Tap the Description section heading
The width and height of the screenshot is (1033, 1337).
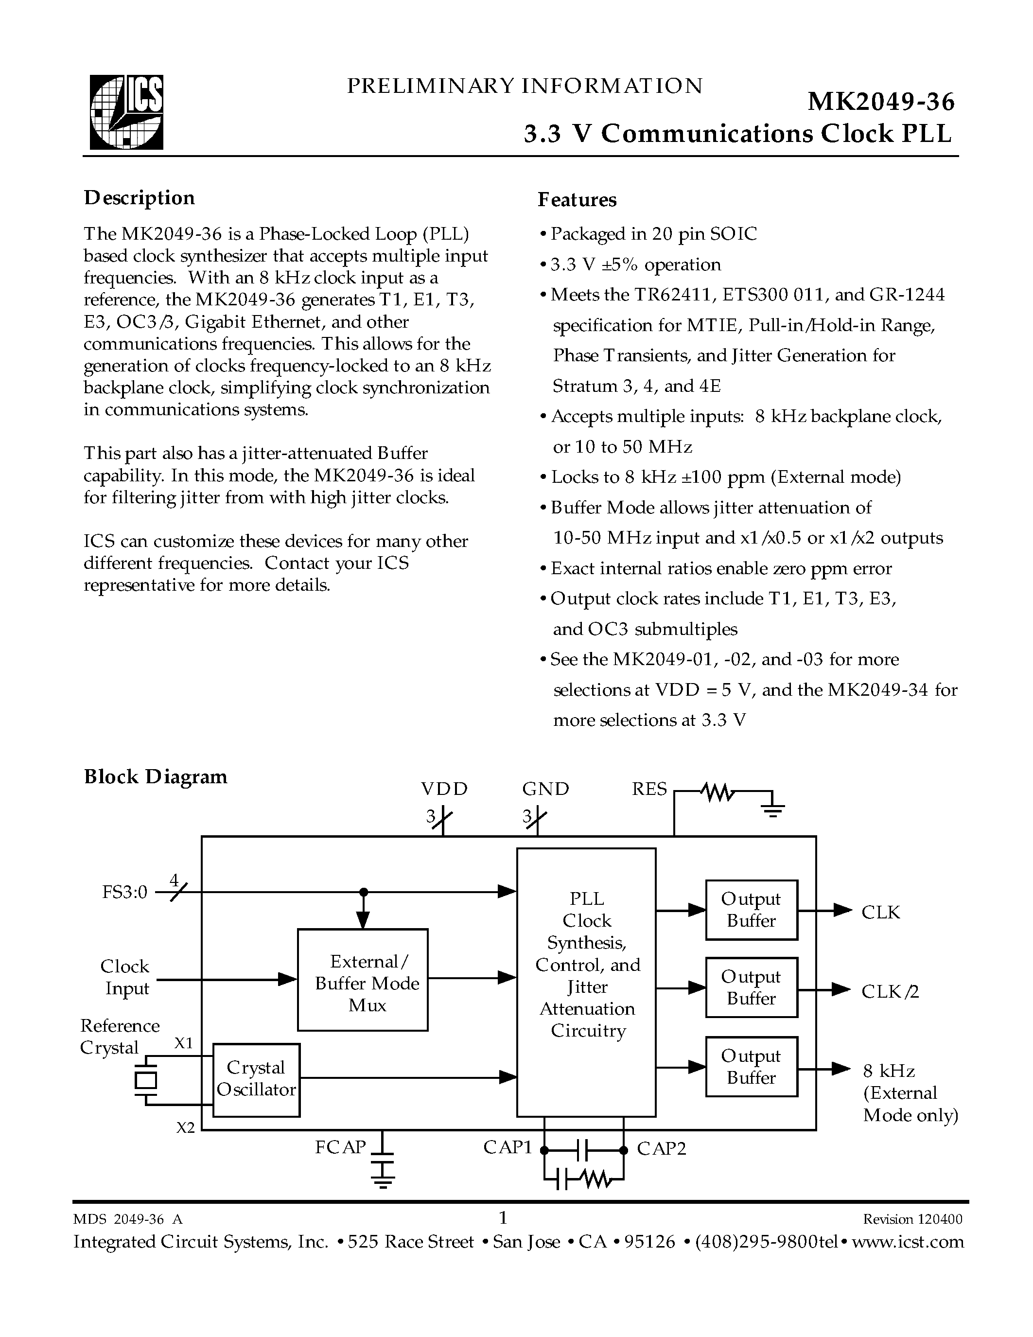click(140, 198)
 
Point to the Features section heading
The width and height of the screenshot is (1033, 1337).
click(577, 199)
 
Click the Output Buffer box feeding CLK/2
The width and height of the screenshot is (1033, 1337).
click(752, 987)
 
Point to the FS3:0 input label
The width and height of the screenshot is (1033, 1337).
click(125, 893)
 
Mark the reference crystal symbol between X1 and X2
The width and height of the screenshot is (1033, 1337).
click(146, 1080)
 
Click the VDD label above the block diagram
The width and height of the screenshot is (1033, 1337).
click(444, 789)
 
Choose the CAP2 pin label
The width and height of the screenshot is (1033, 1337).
click(662, 1148)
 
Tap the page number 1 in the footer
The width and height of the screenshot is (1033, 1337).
click(504, 1217)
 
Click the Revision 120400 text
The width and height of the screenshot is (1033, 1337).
click(912, 1219)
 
